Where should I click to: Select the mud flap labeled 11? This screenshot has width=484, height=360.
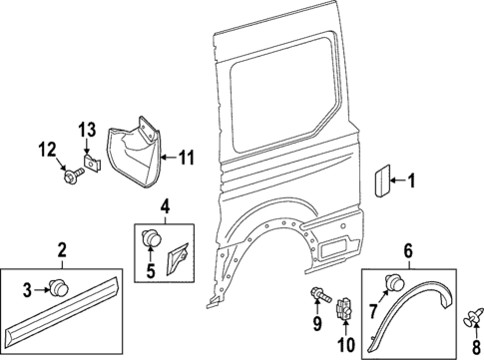pyautogui.click(x=140, y=150)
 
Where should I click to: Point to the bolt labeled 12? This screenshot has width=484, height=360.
pyautogui.click(x=72, y=176)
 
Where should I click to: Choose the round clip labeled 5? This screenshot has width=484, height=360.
pyautogui.click(x=155, y=238)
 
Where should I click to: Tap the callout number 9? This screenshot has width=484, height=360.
pyautogui.click(x=317, y=324)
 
